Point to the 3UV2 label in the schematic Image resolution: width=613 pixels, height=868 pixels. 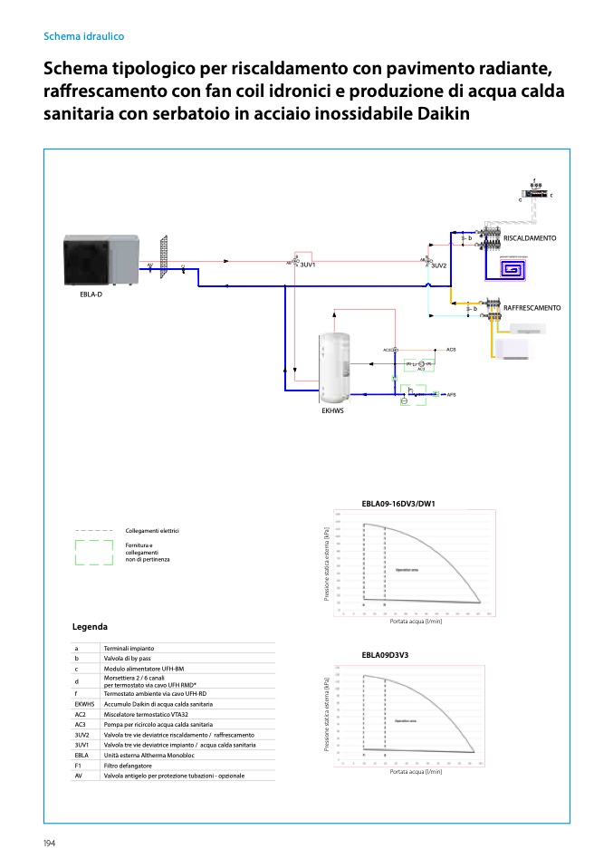[x=439, y=265]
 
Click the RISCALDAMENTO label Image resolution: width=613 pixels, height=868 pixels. [x=529, y=237]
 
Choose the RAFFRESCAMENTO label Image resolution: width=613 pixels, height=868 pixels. [x=532, y=308]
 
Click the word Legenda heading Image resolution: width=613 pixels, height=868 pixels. [x=90, y=627]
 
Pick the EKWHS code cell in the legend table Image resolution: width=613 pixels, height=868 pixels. [x=85, y=704]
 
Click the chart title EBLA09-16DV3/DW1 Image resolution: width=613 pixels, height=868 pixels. [x=398, y=503]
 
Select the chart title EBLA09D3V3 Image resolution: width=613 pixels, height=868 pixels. [x=386, y=653]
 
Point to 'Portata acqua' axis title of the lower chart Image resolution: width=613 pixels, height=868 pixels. [x=416, y=772]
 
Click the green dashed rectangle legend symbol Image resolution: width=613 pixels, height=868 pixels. [x=94, y=553]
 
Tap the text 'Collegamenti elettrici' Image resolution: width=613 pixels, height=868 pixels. [x=152, y=530]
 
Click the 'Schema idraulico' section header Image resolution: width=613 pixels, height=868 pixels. [x=83, y=37]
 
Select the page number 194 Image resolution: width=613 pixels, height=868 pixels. [x=50, y=844]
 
